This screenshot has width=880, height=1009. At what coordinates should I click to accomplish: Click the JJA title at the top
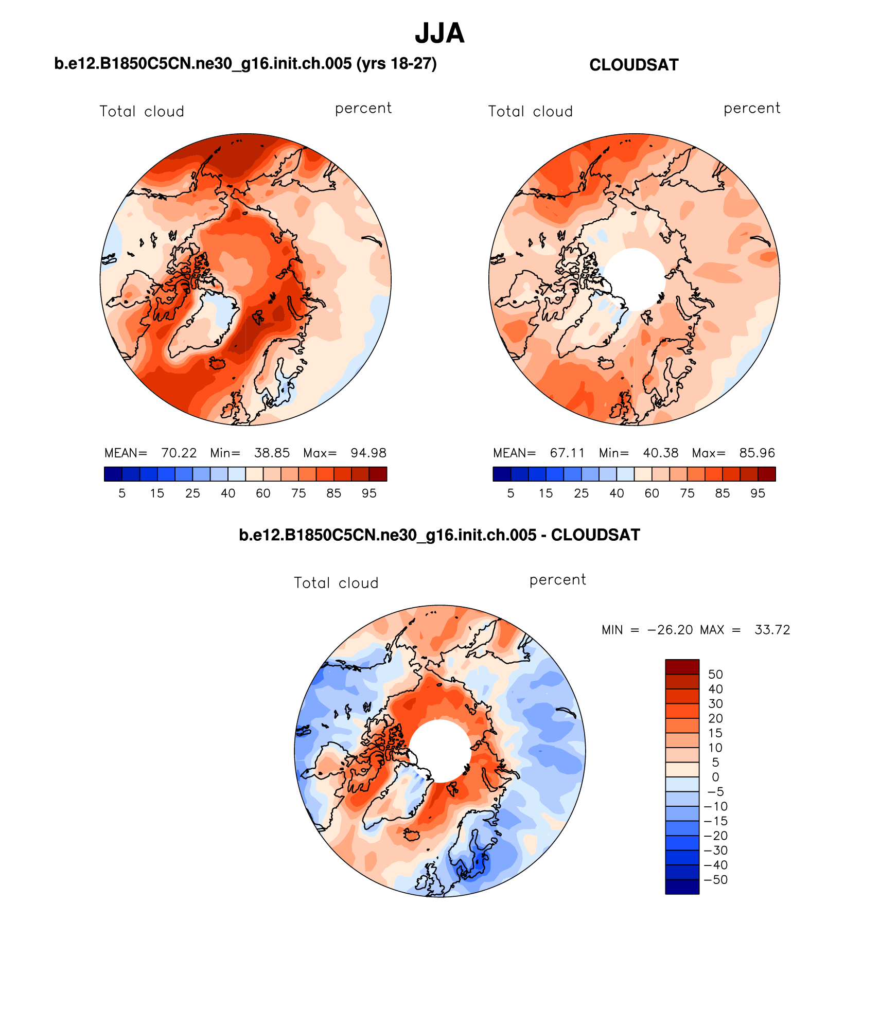pos(439,33)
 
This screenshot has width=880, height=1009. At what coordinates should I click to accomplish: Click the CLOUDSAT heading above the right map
pos(633,65)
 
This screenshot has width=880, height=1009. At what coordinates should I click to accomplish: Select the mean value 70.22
pos(179,453)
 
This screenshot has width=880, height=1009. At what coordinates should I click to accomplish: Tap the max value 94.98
pos(368,453)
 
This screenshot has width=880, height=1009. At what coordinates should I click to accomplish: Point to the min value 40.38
pos(660,453)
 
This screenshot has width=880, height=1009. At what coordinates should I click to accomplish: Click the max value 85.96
pos(756,453)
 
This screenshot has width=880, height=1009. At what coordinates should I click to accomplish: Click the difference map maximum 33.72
pos(772,630)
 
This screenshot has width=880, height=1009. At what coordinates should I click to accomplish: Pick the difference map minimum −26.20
pos(670,630)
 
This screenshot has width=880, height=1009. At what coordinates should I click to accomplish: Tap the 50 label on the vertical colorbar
pos(715,674)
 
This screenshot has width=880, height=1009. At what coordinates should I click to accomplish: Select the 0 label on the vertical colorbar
pos(715,777)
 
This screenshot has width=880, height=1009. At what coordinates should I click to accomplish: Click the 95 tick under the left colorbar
pos(369,493)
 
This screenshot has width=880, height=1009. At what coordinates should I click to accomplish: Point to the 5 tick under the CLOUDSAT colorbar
pos(511,493)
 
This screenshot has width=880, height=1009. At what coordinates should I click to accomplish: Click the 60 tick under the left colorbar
pos(263,493)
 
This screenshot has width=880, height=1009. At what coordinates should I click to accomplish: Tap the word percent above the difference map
pos(557,580)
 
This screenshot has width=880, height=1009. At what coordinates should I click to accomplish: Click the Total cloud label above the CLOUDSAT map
pos(530,111)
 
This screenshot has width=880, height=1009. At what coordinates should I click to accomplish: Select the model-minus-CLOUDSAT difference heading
pos(439,535)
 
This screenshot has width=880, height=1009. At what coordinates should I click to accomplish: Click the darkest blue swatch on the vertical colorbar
pos(682,887)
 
